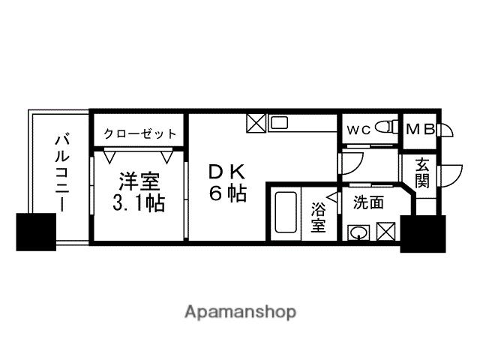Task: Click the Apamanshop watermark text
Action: tap(239, 311)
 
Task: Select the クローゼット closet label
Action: tap(139, 133)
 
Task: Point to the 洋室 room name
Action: tap(139, 183)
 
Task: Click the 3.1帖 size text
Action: tap(139, 203)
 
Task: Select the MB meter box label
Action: tap(419, 129)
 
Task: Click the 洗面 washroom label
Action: tap(368, 202)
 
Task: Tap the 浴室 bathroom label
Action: tap(319, 214)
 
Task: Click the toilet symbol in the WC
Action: tap(386, 127)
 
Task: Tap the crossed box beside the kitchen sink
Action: tap(256, 122)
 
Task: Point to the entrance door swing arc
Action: tap(450, 175)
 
